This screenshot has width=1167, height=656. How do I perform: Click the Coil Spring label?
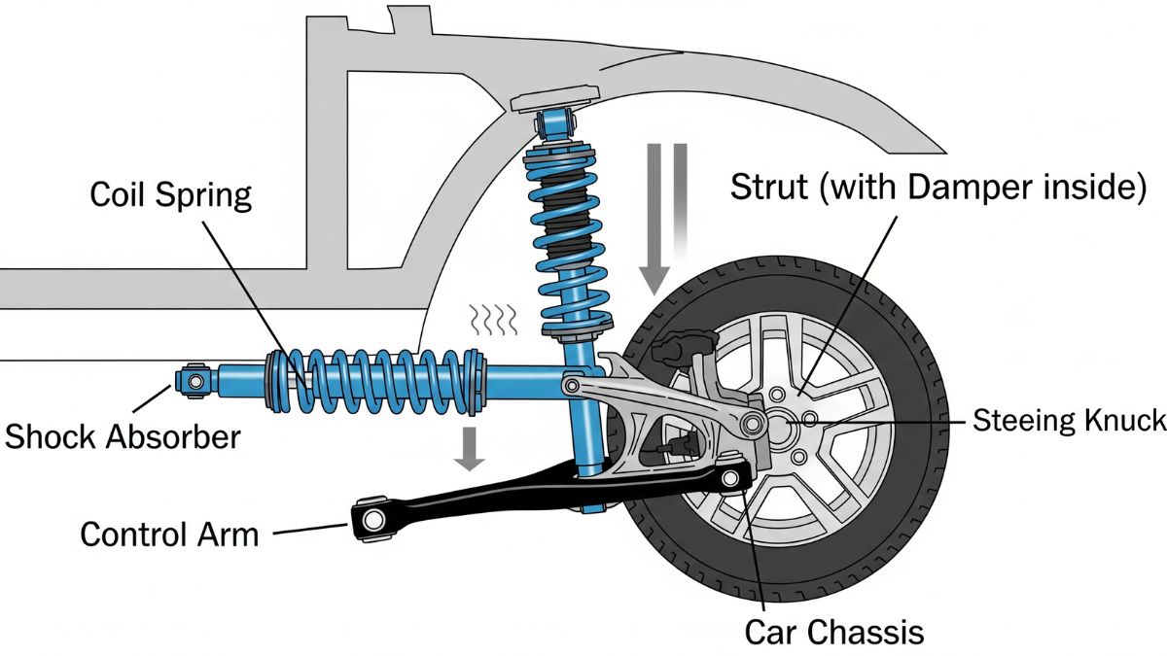tap(170, 194)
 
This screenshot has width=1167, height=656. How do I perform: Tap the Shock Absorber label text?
tap(123, 436)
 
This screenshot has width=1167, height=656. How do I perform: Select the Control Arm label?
tap(169, 534)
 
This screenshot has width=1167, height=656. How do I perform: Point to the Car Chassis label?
tap(833, 632)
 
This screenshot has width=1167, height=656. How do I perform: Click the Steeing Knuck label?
tap(1068, 421)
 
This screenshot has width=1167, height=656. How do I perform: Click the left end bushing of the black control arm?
tap(371, 519)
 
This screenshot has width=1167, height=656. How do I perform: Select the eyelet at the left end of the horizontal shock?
tap(194, 380)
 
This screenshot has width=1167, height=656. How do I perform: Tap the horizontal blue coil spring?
tap(379, 379)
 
